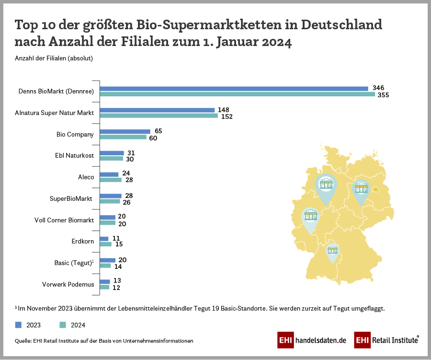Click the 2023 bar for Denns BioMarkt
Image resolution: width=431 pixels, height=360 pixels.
pyautogui.click(x=234, y=89)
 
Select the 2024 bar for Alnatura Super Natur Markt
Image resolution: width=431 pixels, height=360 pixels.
pyautogui.click(x=159, y=116)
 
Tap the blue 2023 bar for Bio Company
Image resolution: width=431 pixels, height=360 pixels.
pyautogui.click(x=125, y=131)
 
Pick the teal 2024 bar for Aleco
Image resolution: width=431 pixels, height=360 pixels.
pyautogui.click(x=111, y=180)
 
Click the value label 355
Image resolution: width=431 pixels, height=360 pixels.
pyautogui.click(x=383, y=95)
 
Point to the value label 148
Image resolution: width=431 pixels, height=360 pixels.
pyautogui.click(x=223, y=110)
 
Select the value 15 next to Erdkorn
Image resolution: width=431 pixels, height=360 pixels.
pyautogui.click(x=119, y=244)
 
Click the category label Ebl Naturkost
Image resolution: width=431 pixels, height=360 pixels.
pyautogui.click(x=75, y=155)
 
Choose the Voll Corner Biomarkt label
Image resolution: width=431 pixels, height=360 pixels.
pyautogui.click(x=64, y=220)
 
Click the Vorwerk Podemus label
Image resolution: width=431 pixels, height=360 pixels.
pyautogui.click(x=68, y=285)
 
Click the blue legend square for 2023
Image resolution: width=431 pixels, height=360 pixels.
pyautogui.click(x=19, y=325)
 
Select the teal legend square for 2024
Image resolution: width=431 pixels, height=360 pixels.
pyautogui.click(x=62, y=325)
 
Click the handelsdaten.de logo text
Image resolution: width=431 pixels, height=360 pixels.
pyautogui.click(x=321, y=340)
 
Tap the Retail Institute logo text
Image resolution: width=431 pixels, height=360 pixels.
pyautogui.click(x=394, y=340)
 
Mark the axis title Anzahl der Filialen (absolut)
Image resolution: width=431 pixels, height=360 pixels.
pyautogui.click(x=54, y=58)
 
